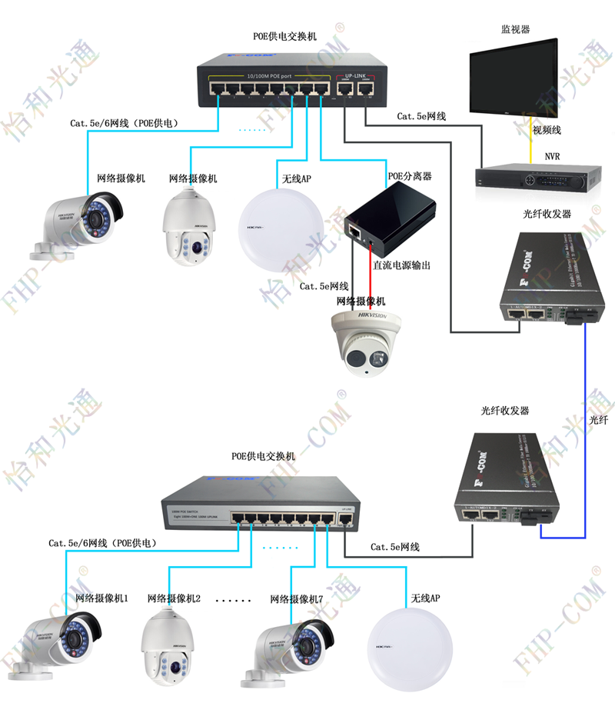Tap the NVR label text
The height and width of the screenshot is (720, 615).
(x=552, y=156)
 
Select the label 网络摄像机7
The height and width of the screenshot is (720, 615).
(x=296, y=598)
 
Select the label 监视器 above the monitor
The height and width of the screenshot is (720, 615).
(x=516, y=29)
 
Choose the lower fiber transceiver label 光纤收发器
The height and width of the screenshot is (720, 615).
(x=504, y=412)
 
